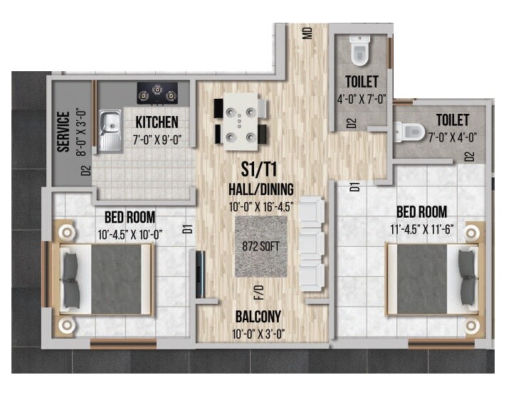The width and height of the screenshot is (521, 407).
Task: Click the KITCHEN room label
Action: pos(157,122)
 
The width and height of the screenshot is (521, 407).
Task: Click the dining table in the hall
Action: pos(241,122)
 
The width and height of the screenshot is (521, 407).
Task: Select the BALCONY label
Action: pos(259,317)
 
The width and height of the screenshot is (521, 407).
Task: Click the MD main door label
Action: pos(307,33)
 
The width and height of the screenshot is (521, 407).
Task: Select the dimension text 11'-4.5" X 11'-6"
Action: pos(421,229)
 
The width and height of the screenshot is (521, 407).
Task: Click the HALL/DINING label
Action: pos(261,189)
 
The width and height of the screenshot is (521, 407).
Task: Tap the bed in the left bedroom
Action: pos(105,279)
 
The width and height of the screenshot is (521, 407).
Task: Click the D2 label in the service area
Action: pos(86,170)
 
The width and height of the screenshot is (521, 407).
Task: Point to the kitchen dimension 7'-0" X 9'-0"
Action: pos(157,139)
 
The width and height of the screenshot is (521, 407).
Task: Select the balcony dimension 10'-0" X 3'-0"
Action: pos(259,334)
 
